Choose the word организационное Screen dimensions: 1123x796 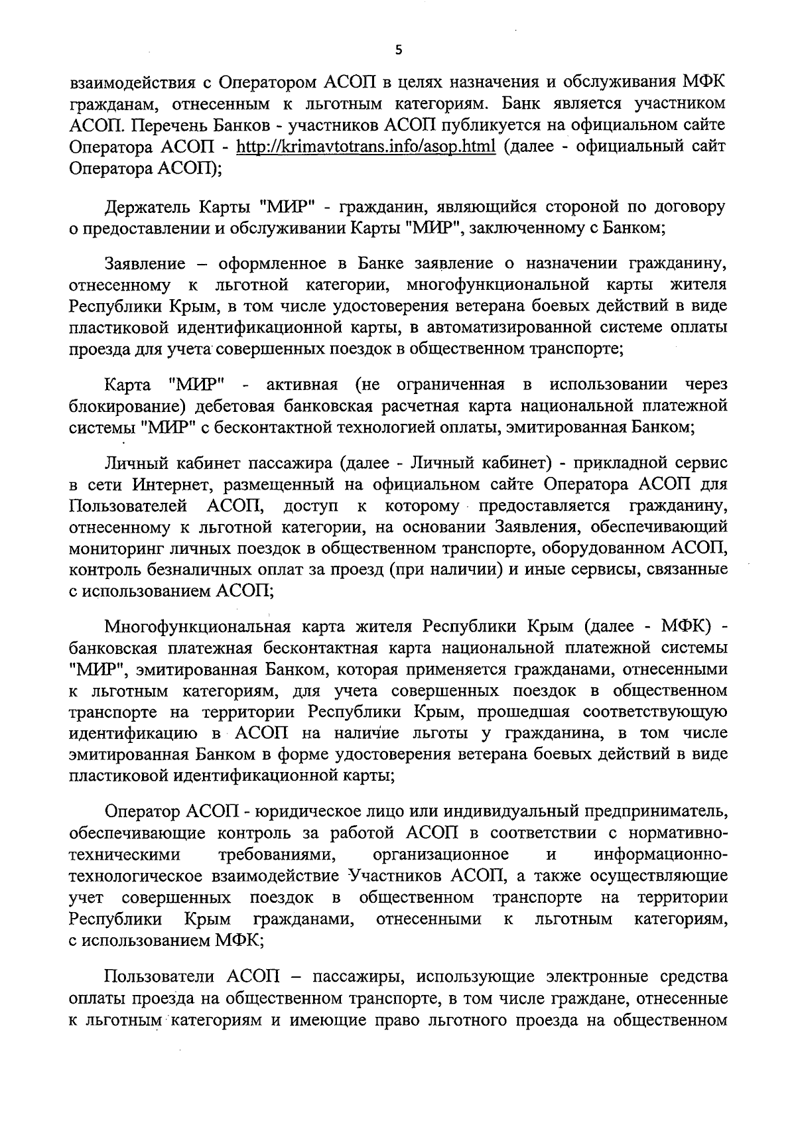pos(442,854)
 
